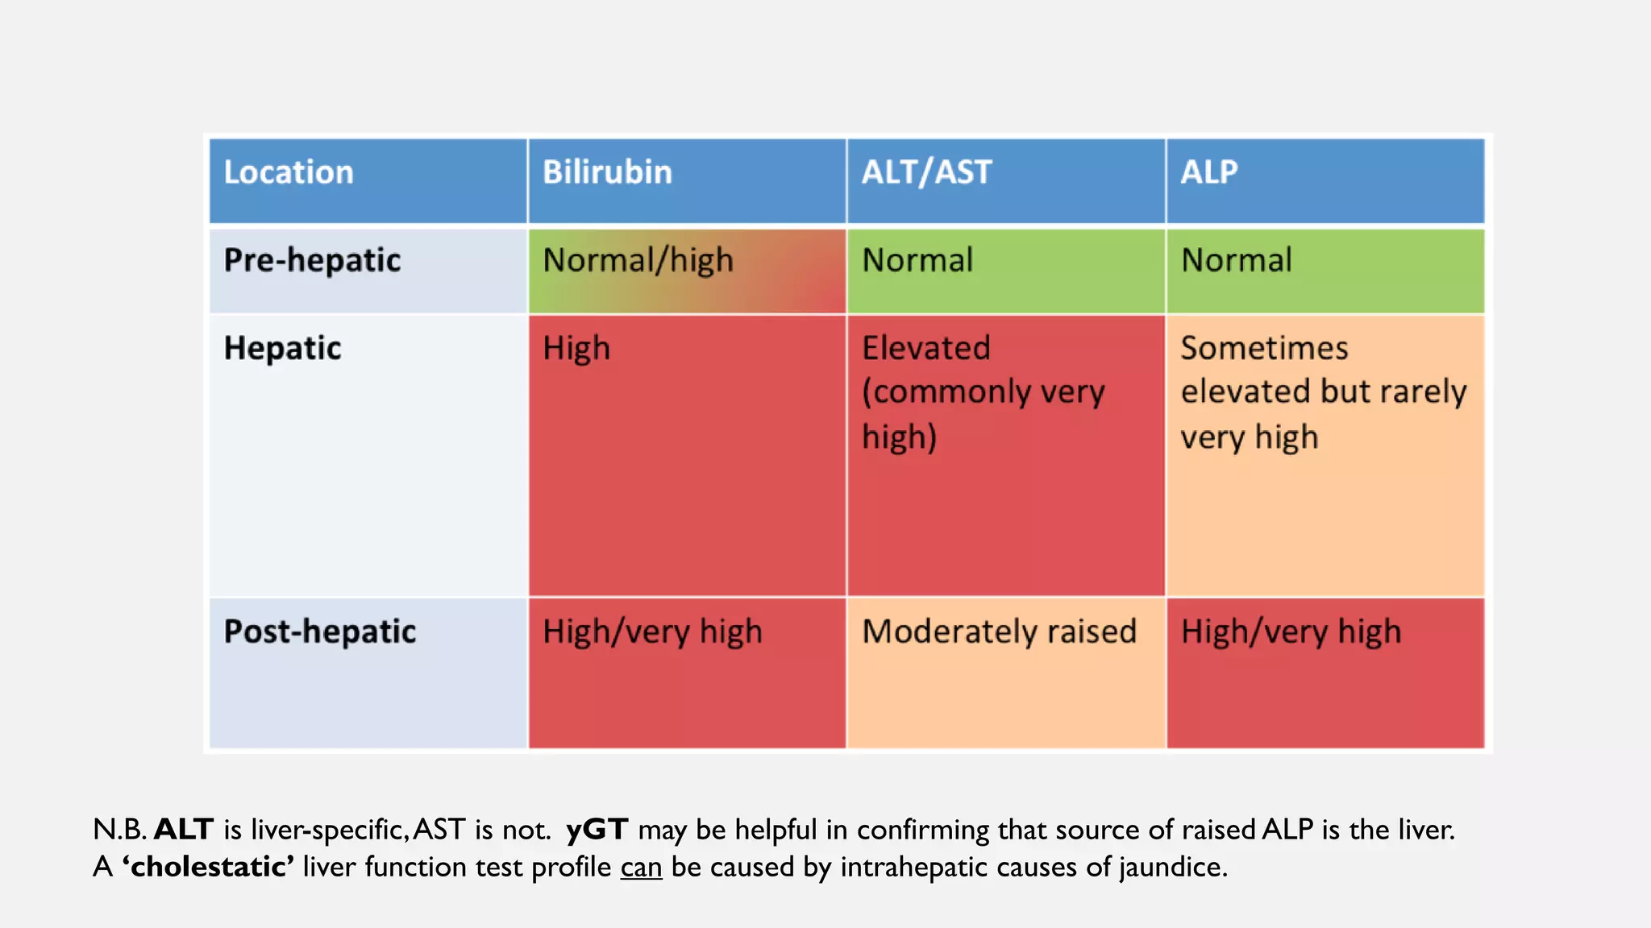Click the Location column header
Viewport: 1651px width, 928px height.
(289, 172)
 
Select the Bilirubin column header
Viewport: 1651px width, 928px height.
(607, 172)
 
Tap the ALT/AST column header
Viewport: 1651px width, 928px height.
(926, 172)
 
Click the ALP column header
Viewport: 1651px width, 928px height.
(1209, 172)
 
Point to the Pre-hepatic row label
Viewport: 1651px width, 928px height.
(312, 260)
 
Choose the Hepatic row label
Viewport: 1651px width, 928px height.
(282, 348)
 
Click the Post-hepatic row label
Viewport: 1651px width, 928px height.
(320, 632)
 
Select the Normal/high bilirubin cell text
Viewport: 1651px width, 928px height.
(638, 260)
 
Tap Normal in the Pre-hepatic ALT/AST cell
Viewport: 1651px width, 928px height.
(917, 260)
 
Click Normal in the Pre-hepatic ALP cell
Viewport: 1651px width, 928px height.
(1237, 260)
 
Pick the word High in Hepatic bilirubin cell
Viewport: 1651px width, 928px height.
(576, 348)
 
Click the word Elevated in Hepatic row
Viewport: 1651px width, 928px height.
(925, 348)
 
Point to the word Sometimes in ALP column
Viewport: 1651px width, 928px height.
(1264, 348)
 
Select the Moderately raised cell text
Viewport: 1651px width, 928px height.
(999, 632)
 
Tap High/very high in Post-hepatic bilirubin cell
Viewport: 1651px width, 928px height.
(652, 632)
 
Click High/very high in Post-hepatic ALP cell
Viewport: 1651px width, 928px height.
(1291, 632)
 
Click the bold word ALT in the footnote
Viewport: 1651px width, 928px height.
(184, 829)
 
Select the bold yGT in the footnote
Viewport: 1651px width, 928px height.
(597, 829)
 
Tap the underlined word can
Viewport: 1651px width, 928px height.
(641, 868)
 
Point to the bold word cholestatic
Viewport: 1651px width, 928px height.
(208, 867)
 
